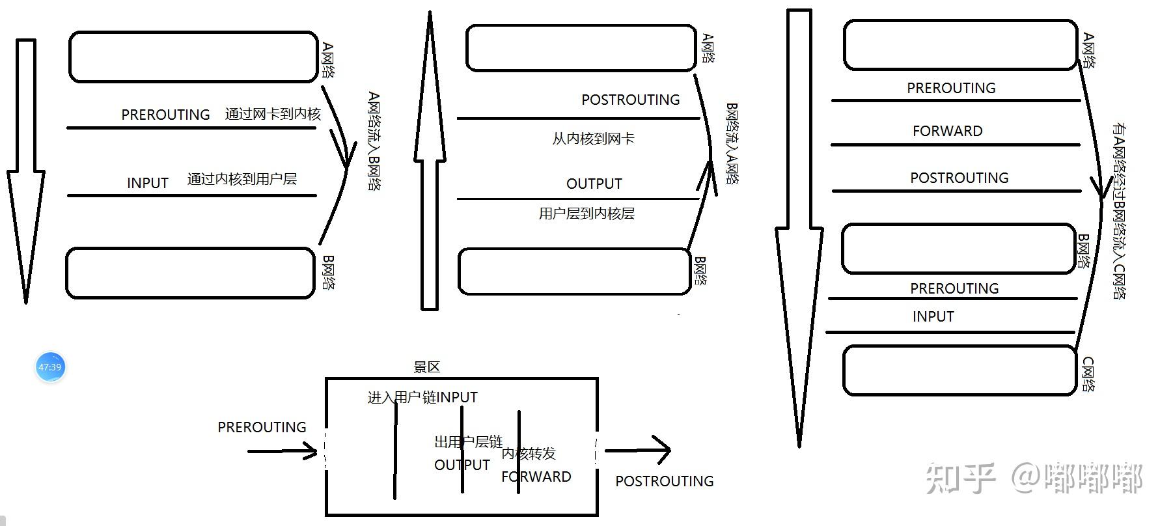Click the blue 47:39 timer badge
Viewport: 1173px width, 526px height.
(49, 367)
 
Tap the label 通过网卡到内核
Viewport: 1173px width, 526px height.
(273, 115)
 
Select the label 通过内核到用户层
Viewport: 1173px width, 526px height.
(241, 180)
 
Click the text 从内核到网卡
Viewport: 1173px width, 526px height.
(593, 139)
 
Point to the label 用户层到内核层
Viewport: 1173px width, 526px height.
(586, 214)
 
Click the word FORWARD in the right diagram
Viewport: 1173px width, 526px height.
(947, 131)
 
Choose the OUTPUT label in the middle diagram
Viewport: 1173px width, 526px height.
(594, 184)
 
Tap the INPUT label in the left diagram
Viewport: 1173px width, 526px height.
(148, 184)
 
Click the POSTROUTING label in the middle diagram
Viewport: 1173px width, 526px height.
(630, 100)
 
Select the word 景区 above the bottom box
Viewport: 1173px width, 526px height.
(427, 367)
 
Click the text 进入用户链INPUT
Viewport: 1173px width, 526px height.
(422, 397)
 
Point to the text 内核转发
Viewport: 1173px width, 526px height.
(529, 454)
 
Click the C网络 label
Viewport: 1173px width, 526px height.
(1088, 374)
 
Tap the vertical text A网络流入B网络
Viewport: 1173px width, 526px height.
(374, 141)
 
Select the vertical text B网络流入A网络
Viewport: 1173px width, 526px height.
(732, 143)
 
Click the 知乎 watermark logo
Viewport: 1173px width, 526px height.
(961, 478)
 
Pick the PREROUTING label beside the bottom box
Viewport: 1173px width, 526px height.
(262, 428)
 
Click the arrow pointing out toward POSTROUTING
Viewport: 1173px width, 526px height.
(638, 450)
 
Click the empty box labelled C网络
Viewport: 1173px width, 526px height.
(959, 370)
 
